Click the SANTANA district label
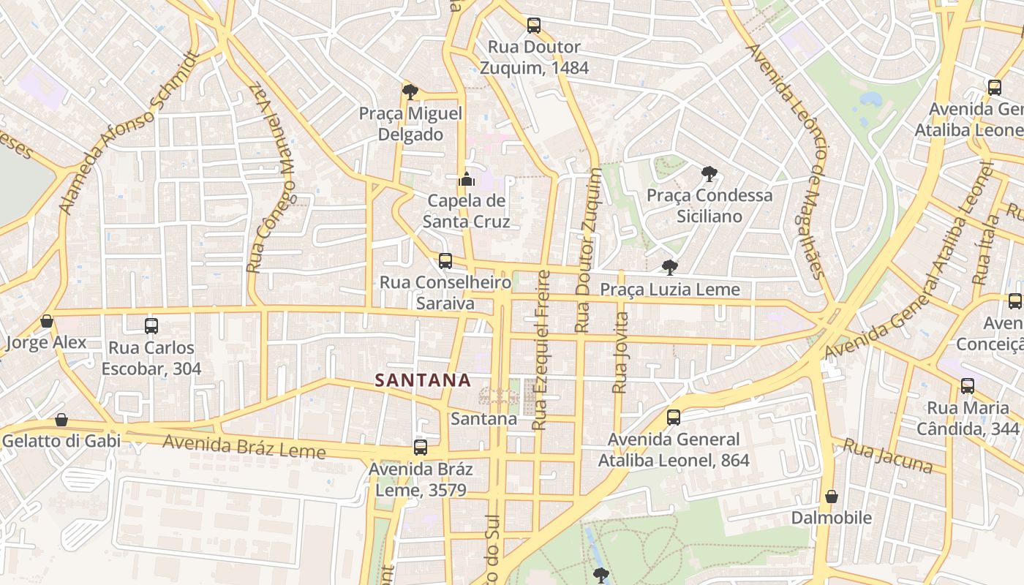click(x=422, y=380)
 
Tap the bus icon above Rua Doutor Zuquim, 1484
click(x=534, y=26)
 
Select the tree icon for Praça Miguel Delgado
click(x=410, y=91)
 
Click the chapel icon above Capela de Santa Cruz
click(x=466, y=178)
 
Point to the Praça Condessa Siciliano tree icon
click(x=709, y=173)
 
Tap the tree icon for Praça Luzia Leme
click(x=669, y=267)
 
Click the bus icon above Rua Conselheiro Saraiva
click(x=445, y=260)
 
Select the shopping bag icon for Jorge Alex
click(x=47, y=321)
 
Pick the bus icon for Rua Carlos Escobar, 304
click(x=151, y=326)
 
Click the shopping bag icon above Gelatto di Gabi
click(x=61, y=420)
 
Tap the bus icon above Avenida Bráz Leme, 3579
click(x=421, y=447)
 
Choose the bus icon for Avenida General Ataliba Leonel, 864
click(x=674, y=418)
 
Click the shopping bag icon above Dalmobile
click(x=832, y=497)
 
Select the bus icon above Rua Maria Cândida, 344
click(x=968, y=386)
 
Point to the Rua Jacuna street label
click(x=887, y=456)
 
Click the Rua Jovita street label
click(x=620, y=352)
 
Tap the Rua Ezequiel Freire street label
click(x=541, y=350)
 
